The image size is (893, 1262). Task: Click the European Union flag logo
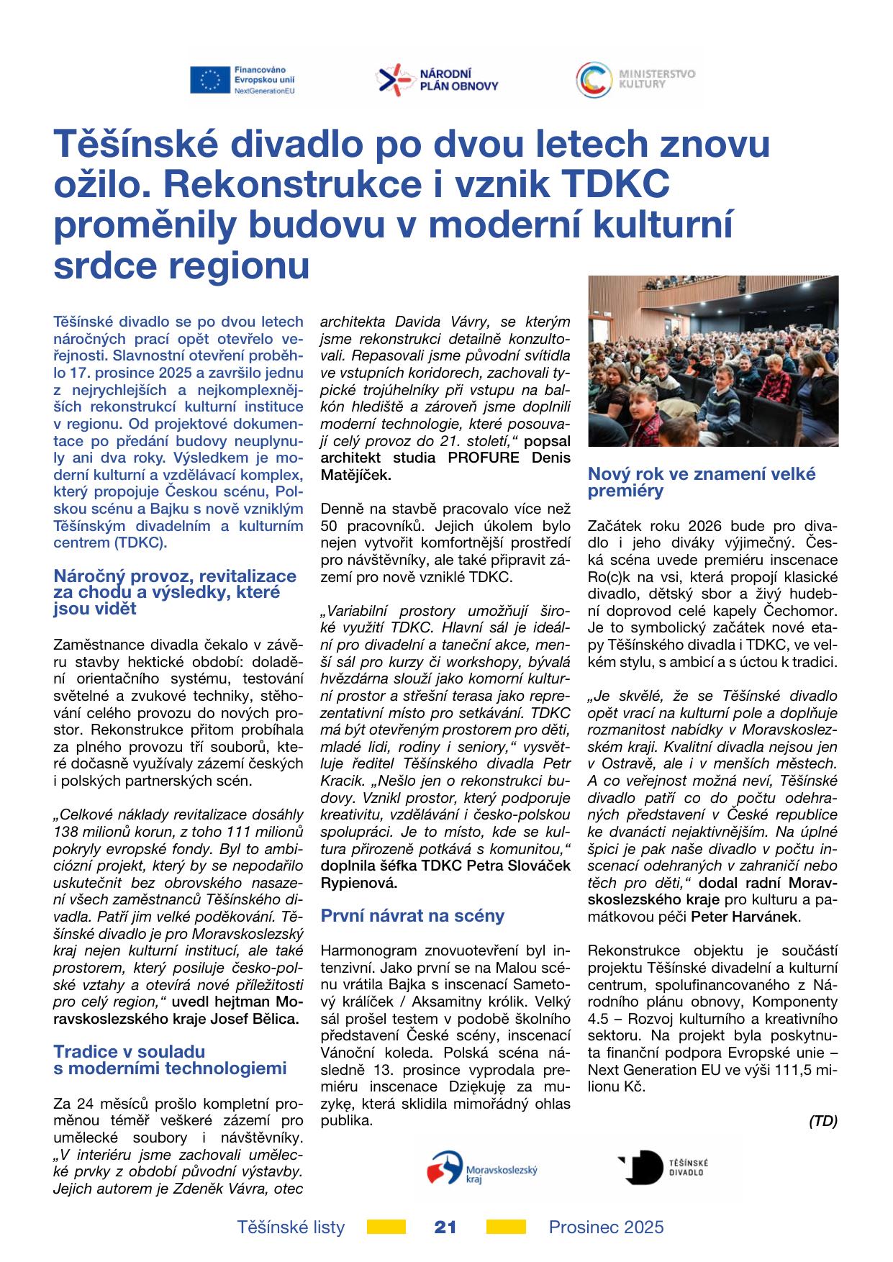click(210, 80)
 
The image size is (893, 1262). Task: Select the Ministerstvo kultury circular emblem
click(593, 79)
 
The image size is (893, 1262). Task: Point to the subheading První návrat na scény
click(412, 916)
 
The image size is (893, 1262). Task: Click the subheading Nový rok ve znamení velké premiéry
click(702, 482)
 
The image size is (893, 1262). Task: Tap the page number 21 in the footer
click(446, 1227)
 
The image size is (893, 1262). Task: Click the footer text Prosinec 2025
click(606, 1227)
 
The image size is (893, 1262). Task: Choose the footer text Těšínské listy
click(291, 1227)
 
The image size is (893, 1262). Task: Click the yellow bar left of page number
click(386, 1227)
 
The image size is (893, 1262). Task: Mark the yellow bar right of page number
click(506, 1227)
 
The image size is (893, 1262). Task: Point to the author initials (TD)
click(823, 1121)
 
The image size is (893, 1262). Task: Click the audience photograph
click(712, 361)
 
